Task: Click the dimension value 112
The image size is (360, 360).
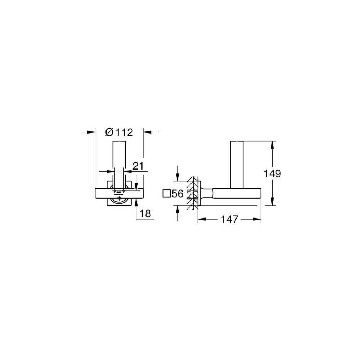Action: click(x=124, y=132)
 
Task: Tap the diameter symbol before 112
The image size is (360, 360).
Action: click(x=109, y=132)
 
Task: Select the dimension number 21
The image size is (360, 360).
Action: click(x=138, y=166)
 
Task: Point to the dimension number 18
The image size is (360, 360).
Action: click(x=145, y=213)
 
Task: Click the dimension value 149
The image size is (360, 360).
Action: click(x=272, y=174)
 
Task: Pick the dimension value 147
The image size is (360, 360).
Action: click(x=229, y=220)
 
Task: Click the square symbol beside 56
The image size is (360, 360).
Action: click(x=166, y=194)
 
